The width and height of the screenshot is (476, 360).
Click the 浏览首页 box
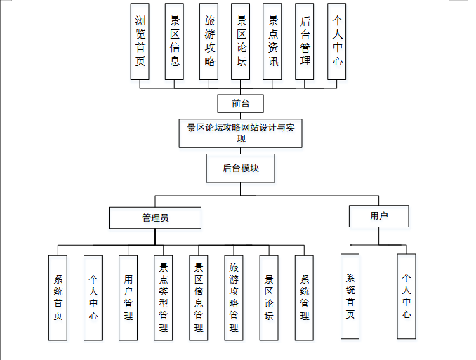pos(141,41)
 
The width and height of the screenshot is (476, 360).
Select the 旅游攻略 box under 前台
pos(208,41)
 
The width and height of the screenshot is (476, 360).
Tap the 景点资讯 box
pos(273,41)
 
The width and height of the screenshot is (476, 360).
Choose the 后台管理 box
pos(304,41)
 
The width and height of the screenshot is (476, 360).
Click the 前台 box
pos(241,104)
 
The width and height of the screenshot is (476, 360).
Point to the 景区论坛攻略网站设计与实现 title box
pos(241,133)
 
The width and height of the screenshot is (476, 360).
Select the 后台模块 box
pos(241,168)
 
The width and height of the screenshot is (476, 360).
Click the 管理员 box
pos(155,218)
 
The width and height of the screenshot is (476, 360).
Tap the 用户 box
pos(379,215)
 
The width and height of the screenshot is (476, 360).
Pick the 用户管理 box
pos(128,298)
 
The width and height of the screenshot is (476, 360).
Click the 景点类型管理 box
pos(164,298)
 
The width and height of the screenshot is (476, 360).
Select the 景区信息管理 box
pos(199,298)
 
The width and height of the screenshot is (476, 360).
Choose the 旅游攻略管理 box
pos(234,298)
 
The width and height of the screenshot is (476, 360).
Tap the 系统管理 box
pos(304,298)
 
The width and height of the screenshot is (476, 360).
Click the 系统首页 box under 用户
pos(350,297)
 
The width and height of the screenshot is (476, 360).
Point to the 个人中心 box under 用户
pos(406,297)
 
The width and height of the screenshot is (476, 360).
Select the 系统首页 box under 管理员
pos(58,298)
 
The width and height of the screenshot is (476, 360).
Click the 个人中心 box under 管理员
pos(93,298)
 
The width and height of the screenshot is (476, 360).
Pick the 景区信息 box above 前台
pos(174,41)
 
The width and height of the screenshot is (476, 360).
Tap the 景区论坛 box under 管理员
pos(269,298)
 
